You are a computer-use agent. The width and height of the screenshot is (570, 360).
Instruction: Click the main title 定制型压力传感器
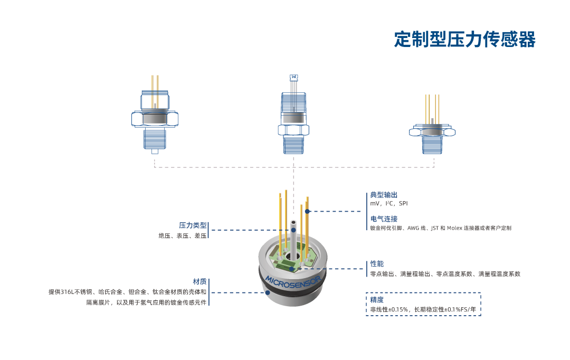pos(464,39)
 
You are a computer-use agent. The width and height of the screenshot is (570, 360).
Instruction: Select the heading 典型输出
pos(384,195)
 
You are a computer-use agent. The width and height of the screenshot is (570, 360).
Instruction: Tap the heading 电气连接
pos(384,219)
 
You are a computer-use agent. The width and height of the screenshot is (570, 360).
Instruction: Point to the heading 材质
pos(199,281)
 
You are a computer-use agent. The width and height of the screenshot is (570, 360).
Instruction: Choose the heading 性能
pos(377,263)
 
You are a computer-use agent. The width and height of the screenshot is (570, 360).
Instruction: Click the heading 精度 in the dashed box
pos(377,299)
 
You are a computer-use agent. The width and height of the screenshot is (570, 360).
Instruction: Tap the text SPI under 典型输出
pos(403,204)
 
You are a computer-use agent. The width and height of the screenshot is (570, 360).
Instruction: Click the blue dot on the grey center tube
pos(293,230)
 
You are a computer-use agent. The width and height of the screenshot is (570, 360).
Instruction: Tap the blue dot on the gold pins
pos(308,211)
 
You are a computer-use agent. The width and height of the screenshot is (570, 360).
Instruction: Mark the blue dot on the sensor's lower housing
pos(268,292)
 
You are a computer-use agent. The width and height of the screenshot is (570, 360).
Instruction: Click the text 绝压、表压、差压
pos(182,236)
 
